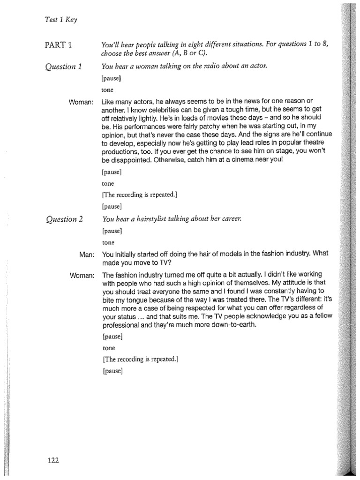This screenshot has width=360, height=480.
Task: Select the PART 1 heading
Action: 59,45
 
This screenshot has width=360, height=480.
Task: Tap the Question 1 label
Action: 63,66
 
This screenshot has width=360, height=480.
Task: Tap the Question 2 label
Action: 63,219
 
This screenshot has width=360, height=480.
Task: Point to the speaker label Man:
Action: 87,254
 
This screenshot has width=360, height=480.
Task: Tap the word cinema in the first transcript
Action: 245,160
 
